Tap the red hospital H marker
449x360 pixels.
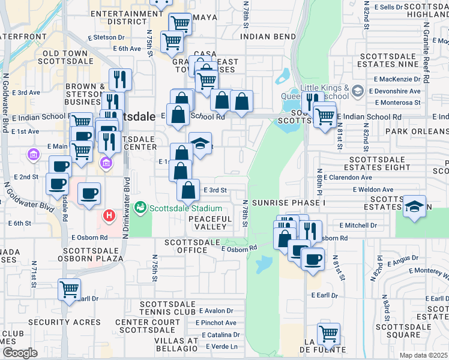[x=109, y=215]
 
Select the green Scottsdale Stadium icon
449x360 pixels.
[x=140, y=207]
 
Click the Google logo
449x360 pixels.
[x=20, y=352]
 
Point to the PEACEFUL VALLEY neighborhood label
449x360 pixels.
[x=209, y=223]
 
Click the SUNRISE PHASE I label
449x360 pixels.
[x=288, y=203]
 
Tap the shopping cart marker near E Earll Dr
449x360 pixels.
[x=70, y=289]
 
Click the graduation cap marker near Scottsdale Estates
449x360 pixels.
[x=414, y=206]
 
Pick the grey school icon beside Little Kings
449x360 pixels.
[x=358, y=91]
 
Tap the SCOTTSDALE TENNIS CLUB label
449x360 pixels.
[x=167, y=308]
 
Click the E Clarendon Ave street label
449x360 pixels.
[x=348, y=178]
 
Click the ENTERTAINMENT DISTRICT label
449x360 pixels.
[x=127, y=17]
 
